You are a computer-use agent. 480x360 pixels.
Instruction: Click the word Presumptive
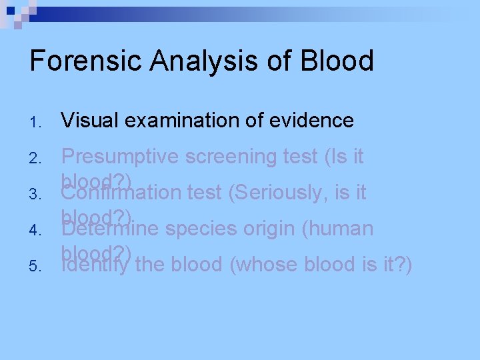pos(119,157)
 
